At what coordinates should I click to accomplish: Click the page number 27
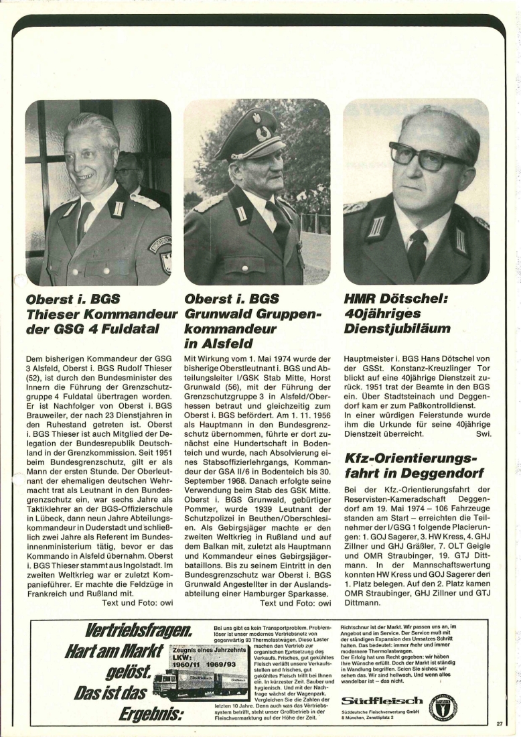pos(500,724)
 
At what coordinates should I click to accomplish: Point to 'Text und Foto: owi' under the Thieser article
pos(137,602)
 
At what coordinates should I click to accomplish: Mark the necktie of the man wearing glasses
pos(417,251)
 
